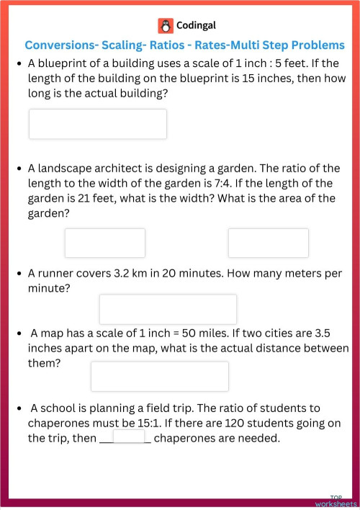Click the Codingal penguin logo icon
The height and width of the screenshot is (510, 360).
click(x=166, y=26)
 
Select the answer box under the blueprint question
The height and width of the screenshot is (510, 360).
click(x=97, y=124)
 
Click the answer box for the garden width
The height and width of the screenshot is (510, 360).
click(x=104, y=243)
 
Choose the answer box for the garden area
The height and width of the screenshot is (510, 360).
click(x=268, y=243)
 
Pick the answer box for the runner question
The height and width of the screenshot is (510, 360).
click(x=167, y=309)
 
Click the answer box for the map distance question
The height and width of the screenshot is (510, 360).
click(x=159, y=376)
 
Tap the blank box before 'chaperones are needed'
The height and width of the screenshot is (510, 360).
click(x=129, y=437)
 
